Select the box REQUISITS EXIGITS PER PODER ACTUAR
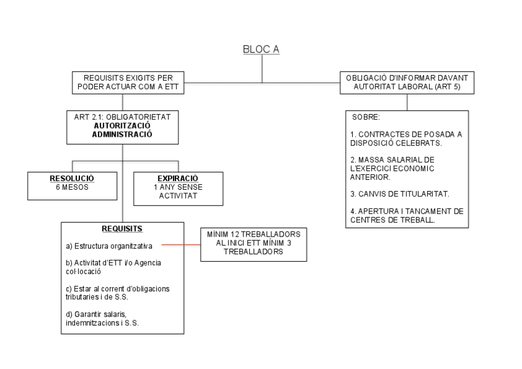coord(129,83)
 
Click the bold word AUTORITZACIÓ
coord(122,124)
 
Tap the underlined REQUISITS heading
coord(122,229)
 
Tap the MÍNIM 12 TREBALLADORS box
coord(254,244)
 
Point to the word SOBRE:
coord(366,116)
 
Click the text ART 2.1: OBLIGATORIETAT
coord(122,116)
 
